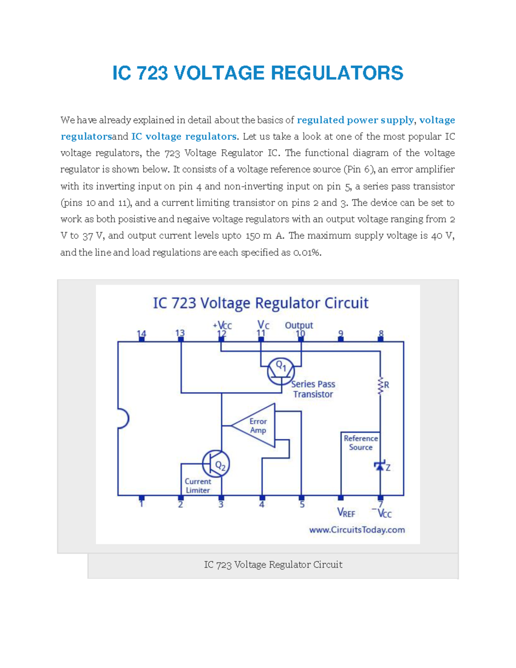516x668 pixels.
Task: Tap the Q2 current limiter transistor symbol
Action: click(x=216, y=463)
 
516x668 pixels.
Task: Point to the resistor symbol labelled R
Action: click(x=381, y=385)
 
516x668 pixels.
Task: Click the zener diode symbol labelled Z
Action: click(x=380, y=466)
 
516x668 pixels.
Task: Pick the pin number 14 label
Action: click(x=141, y=334)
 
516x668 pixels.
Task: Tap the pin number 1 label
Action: click(x=141, y=504)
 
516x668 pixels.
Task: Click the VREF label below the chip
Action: click(x=346, y=513)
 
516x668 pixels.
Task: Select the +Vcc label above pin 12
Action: click(x=222, y=325)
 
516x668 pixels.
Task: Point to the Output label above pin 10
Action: click(x=299, y=325)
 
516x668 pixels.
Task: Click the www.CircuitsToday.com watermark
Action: click(x=357, y=530)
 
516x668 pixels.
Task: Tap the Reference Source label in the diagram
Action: click(x=361, y=443)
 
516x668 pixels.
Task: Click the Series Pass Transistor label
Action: click(x=313, y=389)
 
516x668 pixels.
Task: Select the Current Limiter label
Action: click(x=198, y=486)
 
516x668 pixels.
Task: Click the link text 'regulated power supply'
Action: click(x=355, y=120)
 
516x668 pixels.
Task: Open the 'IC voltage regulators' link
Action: click(x=184, y=137)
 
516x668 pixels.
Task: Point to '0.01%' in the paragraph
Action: click(x=307, y=252)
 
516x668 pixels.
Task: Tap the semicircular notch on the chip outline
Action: click(x=123, y=419)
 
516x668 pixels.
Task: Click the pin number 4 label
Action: click(x=261, y=504)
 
